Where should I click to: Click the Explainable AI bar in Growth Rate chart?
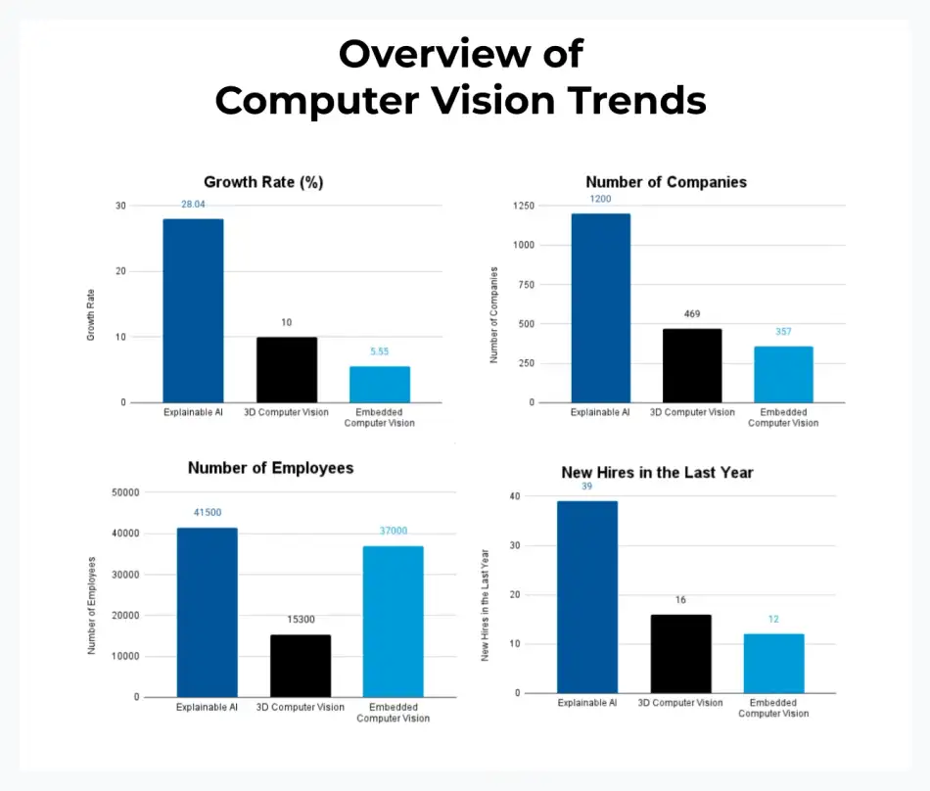(x=193, y=310)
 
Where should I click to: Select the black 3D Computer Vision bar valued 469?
(x=692, y=365)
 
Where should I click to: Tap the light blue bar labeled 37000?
(x=393, y=621)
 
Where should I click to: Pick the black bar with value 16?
(x=680, y=653)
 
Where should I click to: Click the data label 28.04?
(x=193, y=204)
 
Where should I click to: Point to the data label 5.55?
(x=380, y=350)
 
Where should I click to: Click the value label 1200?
(x=600, y=199)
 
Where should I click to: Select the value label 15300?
(x=300, y=620)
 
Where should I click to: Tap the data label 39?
(x=586, y=487)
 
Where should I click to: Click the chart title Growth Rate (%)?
(x=263, y=182)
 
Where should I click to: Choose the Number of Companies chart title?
(x=666, y=182)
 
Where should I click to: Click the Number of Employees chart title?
(x=270, y=468)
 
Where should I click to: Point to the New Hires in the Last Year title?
(x=657, y=473)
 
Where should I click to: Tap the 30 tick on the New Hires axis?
(x=515, y=545)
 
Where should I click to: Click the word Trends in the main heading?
(x=642, y=100)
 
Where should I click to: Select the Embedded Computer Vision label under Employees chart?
(x=393, y=713)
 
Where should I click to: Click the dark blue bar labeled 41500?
(x=207, y=612)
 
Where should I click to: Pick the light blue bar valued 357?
(x=783, y=374)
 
